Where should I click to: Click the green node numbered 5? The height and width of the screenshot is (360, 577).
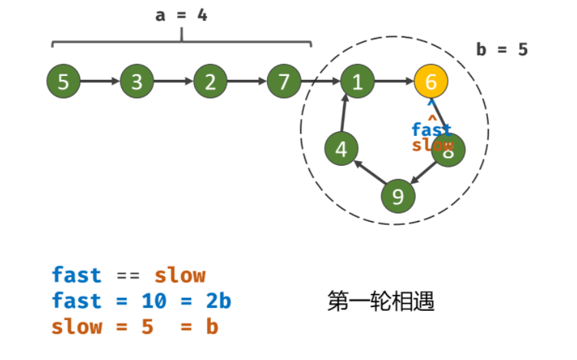(x=64, y=81)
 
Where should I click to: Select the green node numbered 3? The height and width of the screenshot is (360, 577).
(x=137, y=81)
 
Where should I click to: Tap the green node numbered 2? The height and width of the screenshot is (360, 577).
(x=210, y=81)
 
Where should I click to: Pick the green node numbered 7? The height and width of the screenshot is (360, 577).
(x=284, y=81)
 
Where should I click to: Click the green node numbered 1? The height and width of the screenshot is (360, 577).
(x=358, y=81)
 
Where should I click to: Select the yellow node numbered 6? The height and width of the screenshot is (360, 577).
(x=431, y=81)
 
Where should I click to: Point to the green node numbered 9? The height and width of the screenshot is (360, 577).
(x=398, y=197)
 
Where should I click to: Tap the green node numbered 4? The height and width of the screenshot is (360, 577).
(x=341, y=149)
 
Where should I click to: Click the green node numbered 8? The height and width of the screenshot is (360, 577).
(x=448, y=150)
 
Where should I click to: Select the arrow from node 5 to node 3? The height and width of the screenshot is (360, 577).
(x=100, y=81)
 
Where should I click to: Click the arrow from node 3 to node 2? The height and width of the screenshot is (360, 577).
(x=173, y=81)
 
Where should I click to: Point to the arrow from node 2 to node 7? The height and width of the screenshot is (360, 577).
(x=247, y=81)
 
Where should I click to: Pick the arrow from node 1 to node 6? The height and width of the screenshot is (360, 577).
(x=394, y=81)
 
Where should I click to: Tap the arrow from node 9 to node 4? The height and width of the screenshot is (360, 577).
(x=368, y=172)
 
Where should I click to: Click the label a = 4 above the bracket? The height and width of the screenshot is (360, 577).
(x=181, y=15)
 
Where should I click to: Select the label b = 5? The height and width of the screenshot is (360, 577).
(x=502, y=50)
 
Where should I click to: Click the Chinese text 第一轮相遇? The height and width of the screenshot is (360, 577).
(x=381, y=301)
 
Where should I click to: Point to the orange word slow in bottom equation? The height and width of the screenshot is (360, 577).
(x=77, y=326)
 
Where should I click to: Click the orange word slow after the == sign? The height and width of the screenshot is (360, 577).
(x=180, y=275)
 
